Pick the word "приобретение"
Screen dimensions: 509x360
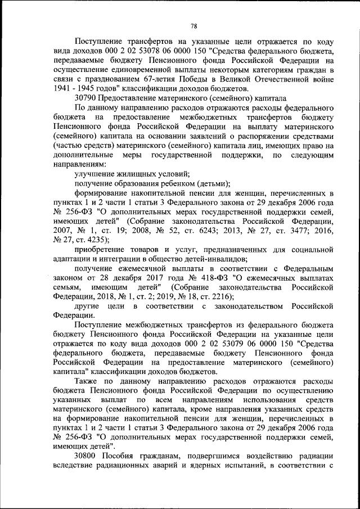pyautogui.click(x=101, y=249)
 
